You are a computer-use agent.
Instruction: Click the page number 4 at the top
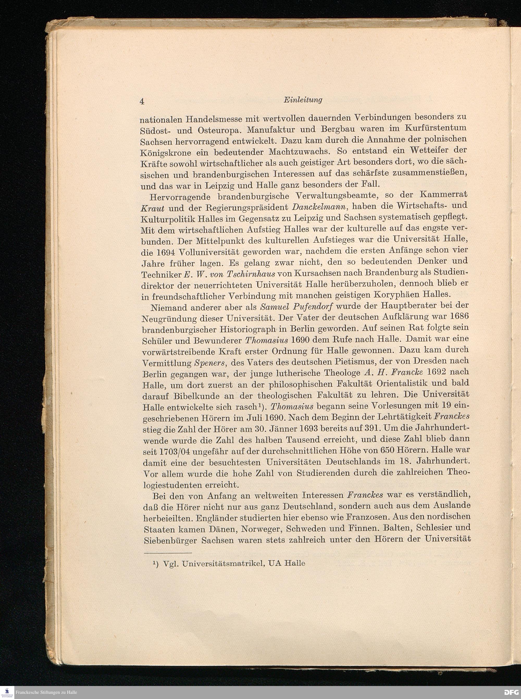(x=142, y=102)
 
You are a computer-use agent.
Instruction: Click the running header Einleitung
(x=303, y=100)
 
